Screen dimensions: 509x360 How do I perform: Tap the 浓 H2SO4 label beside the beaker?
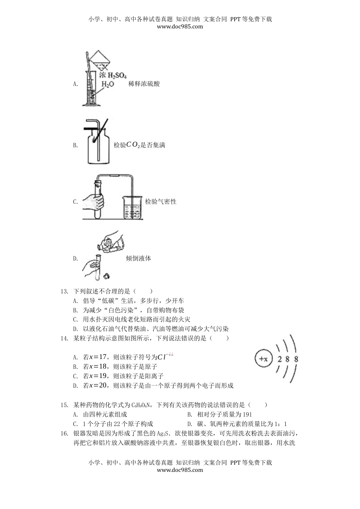point(113,75)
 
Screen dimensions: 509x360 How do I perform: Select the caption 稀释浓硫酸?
point(144,84)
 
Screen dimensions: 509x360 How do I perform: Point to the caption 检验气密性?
point(161,201)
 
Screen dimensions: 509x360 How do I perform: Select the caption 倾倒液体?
point(138,258)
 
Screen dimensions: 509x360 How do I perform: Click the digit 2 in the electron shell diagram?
point(280,359)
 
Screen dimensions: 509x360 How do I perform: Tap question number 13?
point(64,291)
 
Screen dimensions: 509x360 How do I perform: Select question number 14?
point(64,338)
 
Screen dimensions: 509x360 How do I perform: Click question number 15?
point(64,405)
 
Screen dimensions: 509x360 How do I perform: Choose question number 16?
point(64,433)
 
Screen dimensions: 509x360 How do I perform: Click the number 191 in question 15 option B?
point(246,414)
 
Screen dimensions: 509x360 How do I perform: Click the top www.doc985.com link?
point(180,27)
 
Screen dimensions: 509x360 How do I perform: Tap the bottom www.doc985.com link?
point(180,470)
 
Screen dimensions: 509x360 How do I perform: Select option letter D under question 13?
point(75,329)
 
